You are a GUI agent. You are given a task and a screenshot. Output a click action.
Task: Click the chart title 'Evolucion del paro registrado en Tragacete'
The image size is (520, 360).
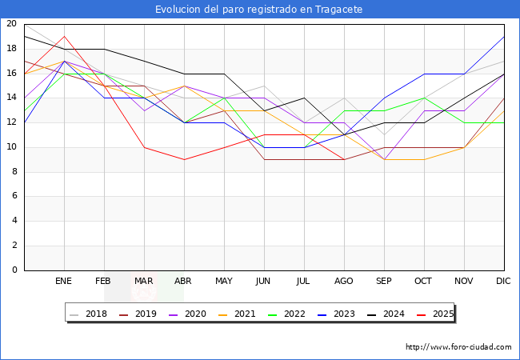[x=260, y=10]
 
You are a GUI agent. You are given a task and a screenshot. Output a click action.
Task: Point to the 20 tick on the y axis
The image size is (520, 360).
[x=11, y=24]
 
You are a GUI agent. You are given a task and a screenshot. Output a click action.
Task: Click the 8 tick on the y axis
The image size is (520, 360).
[x=14, y=172]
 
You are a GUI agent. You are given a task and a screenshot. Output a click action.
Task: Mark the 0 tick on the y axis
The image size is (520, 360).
[x=14, y=270]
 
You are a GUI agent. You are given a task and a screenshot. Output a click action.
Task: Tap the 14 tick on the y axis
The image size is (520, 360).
[x=11, y=98]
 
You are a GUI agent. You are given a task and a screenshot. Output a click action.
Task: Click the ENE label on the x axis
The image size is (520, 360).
[x=64, y=282]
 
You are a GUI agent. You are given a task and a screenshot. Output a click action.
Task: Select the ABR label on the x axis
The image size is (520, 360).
[x=184, y=282]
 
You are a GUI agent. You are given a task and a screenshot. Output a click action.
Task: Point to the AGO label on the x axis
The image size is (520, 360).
[x=344, y=282]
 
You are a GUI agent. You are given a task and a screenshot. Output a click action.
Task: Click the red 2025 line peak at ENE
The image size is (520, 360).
[x=64, y=36]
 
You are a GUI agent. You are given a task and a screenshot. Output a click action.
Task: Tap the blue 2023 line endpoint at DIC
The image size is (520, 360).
[x=504, y=36]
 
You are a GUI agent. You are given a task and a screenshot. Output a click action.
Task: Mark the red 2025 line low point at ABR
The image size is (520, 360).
[x=184, y=159]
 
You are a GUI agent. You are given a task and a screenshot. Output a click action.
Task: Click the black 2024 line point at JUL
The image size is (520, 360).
[x=304, y=98]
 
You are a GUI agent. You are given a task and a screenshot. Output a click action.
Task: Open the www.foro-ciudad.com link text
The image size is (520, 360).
[x=458, y=347]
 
